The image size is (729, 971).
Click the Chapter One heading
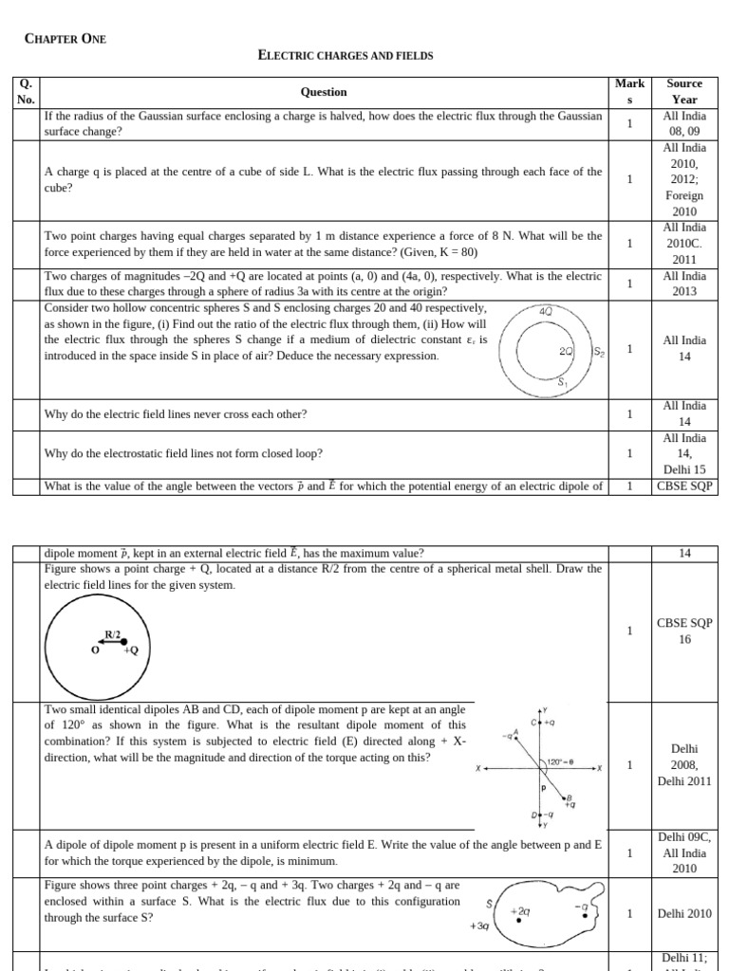click(x=65, y=39)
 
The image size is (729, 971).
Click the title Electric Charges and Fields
click(x=346, y=56)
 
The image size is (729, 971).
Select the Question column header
click(x=324, y=92)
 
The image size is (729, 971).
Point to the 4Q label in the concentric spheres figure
click(x=545, y=312)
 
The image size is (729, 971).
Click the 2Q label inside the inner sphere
click(x=567, y=351)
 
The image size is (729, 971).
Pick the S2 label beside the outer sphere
click(x=599, y=352)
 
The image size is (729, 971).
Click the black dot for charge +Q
click(x=124, y=643)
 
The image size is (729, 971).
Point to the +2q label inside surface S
click(x=519, y=910)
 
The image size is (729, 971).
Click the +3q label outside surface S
click(x=478, y=925)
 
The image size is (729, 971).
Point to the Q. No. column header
click(x=26, y=92)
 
